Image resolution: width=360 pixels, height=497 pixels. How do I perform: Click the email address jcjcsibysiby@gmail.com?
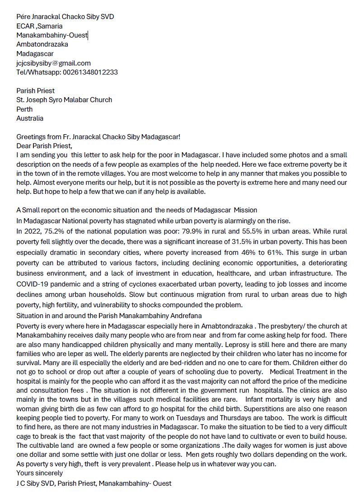[53, 63]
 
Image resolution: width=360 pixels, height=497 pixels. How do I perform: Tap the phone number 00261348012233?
[90, 72]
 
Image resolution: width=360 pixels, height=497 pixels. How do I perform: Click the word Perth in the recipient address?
[24, 109]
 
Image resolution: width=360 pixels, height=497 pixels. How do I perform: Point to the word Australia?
[30, 118]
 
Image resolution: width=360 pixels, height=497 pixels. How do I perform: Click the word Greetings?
[31, 137]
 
